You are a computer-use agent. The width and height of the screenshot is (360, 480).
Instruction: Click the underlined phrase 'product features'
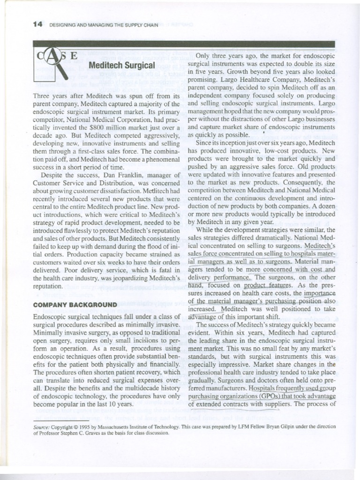pyautogui.click(x=261, y=285)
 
